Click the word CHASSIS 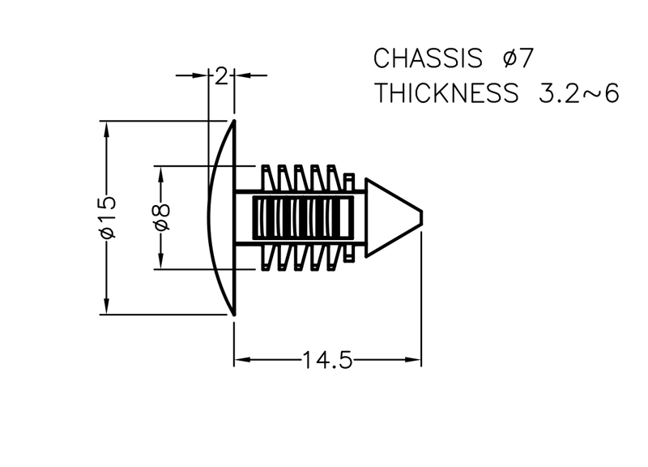click(428, 58)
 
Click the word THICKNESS click(446, 93)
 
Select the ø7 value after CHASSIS click(518, 58)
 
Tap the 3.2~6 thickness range click(579, 93)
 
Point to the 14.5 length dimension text click(328, 360)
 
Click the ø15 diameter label click(108, 217)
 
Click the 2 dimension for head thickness click(221, 76)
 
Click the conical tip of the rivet click(394, 217)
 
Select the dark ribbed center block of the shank click(303, 217)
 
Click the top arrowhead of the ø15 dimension click(107, 129)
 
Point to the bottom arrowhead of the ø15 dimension click(107, 306)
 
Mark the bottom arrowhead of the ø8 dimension click(161, 262)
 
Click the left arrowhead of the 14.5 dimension click(242, 360)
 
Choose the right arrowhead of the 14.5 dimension click(413, 360)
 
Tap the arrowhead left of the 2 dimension click(199, 75)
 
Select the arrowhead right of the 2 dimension click(242, 75)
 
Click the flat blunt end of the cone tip click(421, 217)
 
